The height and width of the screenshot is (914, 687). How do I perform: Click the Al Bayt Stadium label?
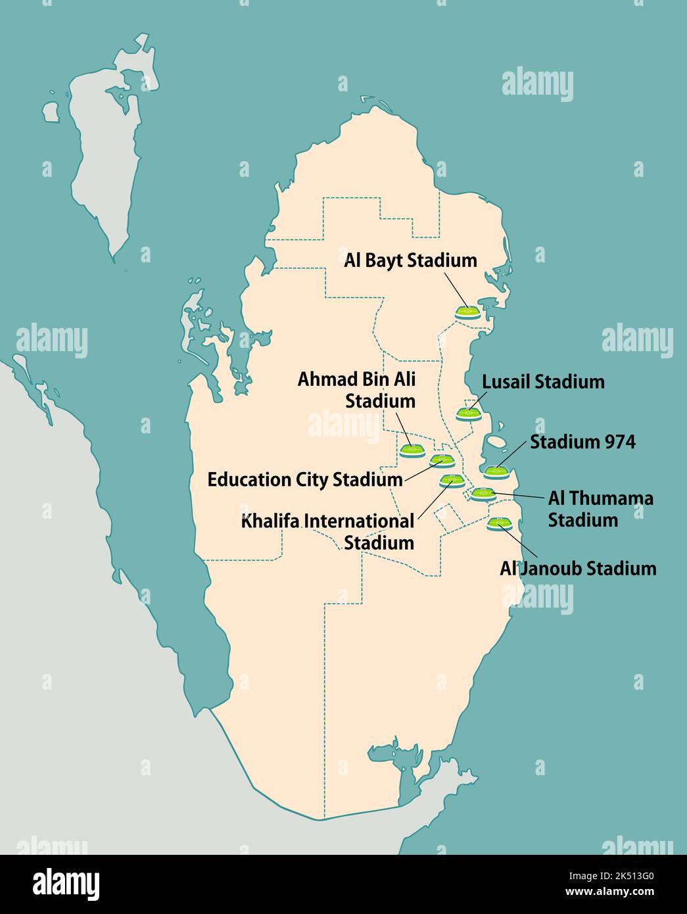tap(410, 260)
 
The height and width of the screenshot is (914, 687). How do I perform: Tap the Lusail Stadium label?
tap(543, 382)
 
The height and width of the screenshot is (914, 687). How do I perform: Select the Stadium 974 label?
tap(582, 442)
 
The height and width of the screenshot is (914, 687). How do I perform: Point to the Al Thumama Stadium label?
tap(600, 509)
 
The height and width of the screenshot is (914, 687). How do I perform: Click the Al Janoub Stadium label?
tap(578, 568)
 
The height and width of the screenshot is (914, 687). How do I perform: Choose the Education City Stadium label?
tap(304, 479)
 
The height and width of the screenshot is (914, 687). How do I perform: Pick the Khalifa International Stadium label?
tap(327, 532)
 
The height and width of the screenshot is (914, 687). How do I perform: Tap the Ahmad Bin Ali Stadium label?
tap(357, 390)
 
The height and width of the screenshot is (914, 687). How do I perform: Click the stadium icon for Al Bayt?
tap(467, 312)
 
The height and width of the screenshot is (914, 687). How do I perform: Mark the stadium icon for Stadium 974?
tap(496, 471)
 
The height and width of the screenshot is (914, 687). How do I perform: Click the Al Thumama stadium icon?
tap(483, 494)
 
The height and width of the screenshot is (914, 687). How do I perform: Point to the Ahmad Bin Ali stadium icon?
tap(412, 450)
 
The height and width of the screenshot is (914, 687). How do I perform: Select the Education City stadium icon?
tap(438, 461)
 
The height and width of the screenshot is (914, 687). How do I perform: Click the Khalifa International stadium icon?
tap(452, 481)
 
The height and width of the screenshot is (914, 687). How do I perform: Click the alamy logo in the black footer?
tap(66, 883)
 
